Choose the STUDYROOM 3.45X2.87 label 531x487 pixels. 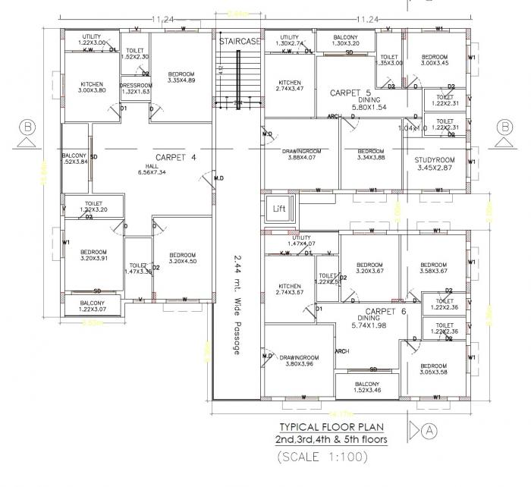[435, 164]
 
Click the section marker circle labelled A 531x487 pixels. [430, 429]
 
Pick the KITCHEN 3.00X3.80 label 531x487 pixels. [92, 86]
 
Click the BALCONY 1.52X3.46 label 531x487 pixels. [366, 388]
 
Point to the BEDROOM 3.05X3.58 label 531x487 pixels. [434, 368]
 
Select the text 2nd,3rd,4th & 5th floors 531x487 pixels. [330, 441]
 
